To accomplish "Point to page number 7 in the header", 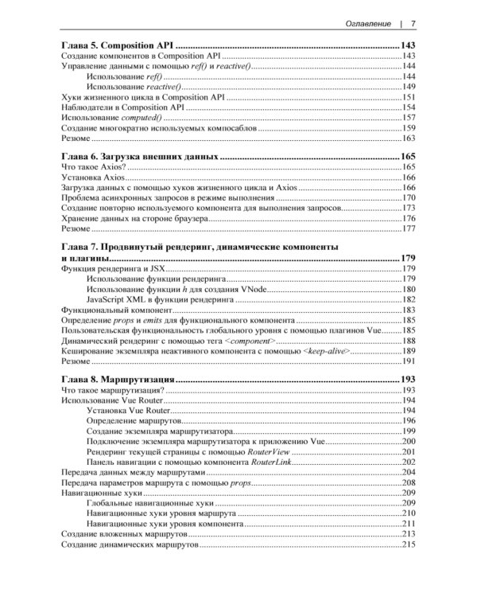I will click(413, 23).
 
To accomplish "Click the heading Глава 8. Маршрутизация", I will click(119, 380).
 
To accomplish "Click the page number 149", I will click(409, 86).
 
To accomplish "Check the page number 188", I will click(409, 340).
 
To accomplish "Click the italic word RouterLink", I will click(274, 462).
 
